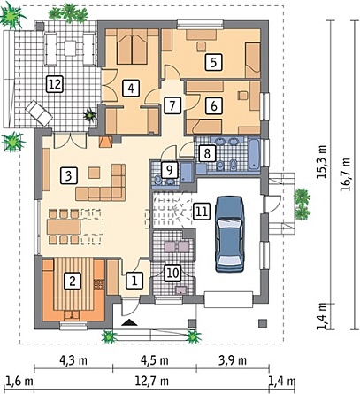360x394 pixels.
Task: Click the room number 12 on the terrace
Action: [x=55, y=85]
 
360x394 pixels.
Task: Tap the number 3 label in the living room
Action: [x=69, y=175]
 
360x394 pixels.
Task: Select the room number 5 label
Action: [x=214, y=62]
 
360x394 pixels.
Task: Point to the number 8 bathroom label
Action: [x=207, y=153]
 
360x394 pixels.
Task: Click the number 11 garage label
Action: [x=202, y=212]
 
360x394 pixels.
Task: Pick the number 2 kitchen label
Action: [x=73, y=281]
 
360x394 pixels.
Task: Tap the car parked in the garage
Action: [x=230, y=234]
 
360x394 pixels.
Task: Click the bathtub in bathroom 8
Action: [x=254, y=154]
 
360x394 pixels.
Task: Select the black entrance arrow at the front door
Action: [x=130, y=322]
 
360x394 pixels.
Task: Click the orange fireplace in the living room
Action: [x=105, y=142]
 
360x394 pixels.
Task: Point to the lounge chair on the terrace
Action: [x=39, y=112]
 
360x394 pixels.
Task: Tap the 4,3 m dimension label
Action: [x=73, y=360]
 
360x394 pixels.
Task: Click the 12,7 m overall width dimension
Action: [x=152, y=381]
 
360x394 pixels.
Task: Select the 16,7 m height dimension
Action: [x=345, y=174]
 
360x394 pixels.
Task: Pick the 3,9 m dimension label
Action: [x=233, y=360]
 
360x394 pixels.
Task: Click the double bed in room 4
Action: [x=132, y=47]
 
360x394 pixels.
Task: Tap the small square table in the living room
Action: [x=94, y=173]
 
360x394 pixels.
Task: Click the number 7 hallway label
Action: [x=172, y=105]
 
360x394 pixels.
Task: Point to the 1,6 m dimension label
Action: [x=19, y=381]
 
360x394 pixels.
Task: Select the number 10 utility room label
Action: [x=173, y=273]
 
